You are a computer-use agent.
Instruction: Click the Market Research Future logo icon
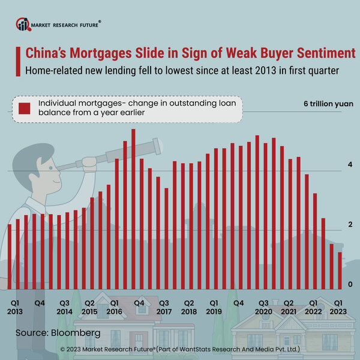[23, 25]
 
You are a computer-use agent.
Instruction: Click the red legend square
[25, 109]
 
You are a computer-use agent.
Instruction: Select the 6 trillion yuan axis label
[328, 104]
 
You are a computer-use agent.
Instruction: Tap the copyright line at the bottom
[180, 349]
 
